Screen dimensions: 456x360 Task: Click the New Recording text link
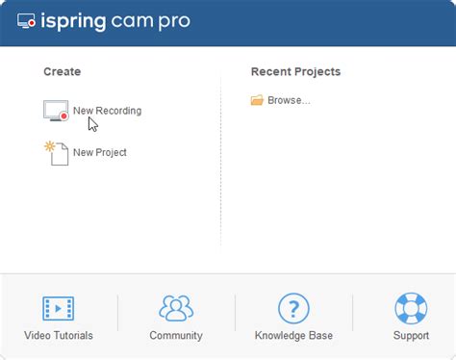pyautogui.click(x=107, y=111)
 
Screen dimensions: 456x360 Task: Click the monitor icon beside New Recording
pyautogui.click(x=56, y=110)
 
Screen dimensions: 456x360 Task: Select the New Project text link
pyautogui.click(x=99, y=152)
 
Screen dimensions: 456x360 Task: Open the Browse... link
pyautogui.click(x=289, y=100)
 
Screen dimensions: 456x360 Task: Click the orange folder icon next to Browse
pyautogui.click(x=257, y=100)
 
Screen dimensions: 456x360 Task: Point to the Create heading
pyautogui.click(x=63, y=72)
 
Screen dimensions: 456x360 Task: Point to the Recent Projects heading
pyautogui.click(x=295, y=72)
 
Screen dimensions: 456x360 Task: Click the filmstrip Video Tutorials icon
pyautogui.click(x=59, y=308)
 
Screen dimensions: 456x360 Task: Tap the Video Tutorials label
pyautogui.click(x=59, y=336)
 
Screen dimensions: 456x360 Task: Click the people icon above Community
pyautogui.click(x=176, y=308)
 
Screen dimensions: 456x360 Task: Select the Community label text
pyautogui.click(x=176, y=336)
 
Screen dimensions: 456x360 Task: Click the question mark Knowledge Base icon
pyautogui.click(x=292, y=308)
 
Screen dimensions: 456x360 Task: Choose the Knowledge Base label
pyautogui.click(x=292, y=336)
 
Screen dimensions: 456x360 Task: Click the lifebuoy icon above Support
pyautogui.click(x=411, y=308)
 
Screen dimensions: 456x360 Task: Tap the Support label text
pyautogui.click(x=411, y=336)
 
